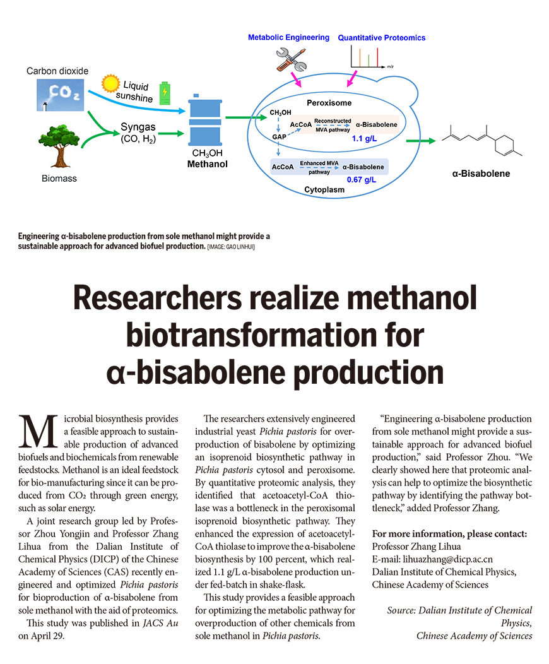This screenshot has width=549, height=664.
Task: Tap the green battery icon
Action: tap(165, 93)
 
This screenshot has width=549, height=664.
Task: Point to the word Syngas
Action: tap(138, 127)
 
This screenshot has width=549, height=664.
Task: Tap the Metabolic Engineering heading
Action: tap(288, 37)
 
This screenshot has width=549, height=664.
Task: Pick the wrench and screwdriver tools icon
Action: tap(290, 59)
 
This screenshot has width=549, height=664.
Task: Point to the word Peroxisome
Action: tap(329, 102)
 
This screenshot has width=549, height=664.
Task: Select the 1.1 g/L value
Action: tap(364, 138)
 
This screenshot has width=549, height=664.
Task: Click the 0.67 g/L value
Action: tap(362, 179)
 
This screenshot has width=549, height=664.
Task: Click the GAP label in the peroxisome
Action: tap(279, 136)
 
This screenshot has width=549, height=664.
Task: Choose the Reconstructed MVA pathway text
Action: tap(333, 124)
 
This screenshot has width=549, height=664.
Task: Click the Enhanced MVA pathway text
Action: tap(319, 167)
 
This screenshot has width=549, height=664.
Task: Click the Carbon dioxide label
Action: tap(57, 71)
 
